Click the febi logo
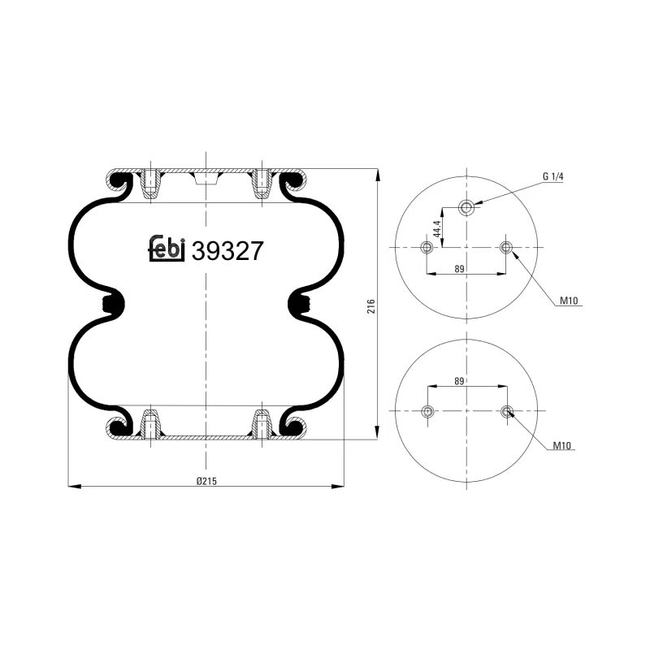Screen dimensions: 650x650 coord(167,249)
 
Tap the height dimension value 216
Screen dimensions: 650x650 coord(370,306)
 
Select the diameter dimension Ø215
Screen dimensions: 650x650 coord(206,480)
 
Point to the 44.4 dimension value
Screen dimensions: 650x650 coord(436,230)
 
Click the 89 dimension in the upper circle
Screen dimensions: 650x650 coord(461,268)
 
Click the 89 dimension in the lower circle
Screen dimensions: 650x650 coord(461,381)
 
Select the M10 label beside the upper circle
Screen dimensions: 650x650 coord(568,301)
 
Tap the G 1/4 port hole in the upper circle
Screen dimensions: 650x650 coord(466,207)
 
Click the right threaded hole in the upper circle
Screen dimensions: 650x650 coord(507,247)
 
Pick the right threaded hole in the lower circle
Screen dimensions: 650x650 coord(507,412)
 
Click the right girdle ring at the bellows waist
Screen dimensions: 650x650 coord(301,305)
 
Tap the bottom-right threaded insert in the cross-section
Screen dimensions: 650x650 coord(262,424)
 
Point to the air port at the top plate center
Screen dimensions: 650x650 coord(206,178)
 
